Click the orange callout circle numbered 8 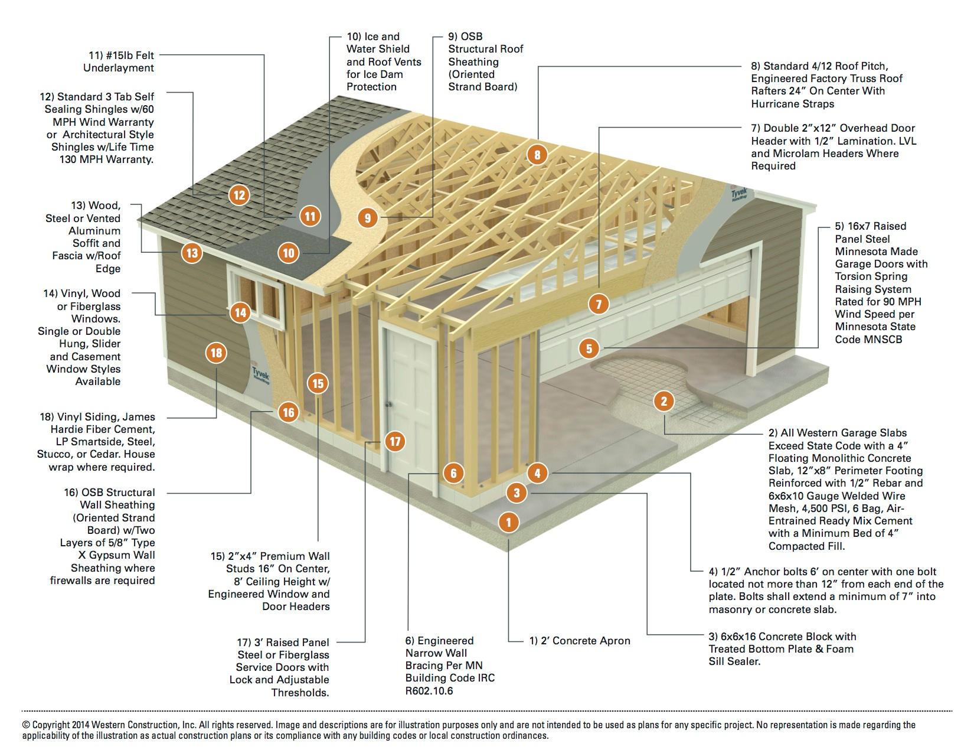point(537,155)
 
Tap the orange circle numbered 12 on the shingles point(239,195)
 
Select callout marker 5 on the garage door point(589,348)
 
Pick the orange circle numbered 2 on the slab point(664,402)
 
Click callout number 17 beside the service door point(395,441)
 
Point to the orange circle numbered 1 point(508,521)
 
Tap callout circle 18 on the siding point(216,353)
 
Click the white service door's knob point(389,405)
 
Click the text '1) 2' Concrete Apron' point(579,641)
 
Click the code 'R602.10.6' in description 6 point(429,691)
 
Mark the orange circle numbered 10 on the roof point(288,253)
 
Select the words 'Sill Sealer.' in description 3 point(734,661)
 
